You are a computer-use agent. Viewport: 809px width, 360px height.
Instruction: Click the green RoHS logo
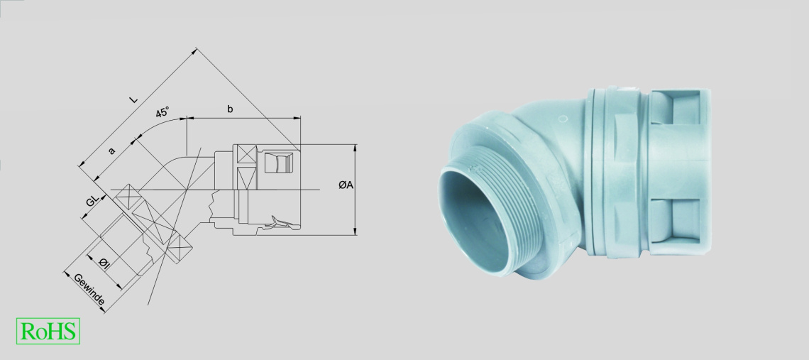[x=48, y=331]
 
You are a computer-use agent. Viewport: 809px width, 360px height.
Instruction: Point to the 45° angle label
[x=163, y=112]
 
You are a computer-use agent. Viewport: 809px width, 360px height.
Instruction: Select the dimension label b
[x=230, y=109]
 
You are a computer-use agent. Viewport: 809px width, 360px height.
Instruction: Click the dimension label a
[x=111, y=151]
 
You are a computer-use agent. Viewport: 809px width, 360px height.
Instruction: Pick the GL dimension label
[x=92, y=200]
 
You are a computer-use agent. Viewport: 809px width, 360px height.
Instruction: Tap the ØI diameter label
[x=104, y=263]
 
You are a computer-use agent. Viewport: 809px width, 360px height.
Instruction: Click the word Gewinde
[x=89, y=289]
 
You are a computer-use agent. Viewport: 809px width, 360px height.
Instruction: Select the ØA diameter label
[x=346, y=185]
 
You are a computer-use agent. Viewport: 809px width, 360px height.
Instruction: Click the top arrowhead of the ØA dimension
[x=355, y=148]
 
